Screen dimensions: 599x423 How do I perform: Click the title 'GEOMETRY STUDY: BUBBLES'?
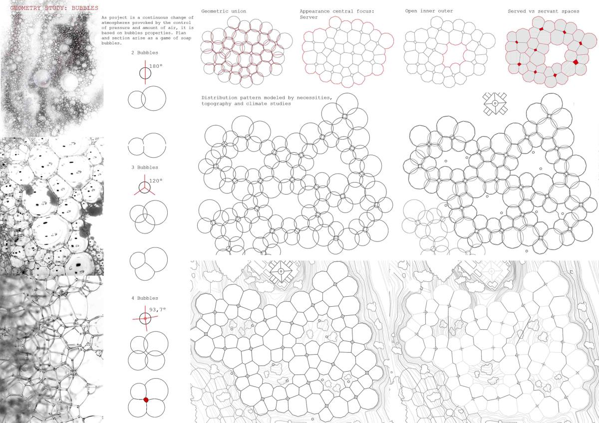tap(54, 8)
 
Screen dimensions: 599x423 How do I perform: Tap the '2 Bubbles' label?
tap(145, 53)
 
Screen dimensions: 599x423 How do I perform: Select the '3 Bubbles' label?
tap(145, 167)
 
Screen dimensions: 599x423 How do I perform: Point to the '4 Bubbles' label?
tap(145, 298)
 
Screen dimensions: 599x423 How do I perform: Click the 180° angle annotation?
tap(156, 66)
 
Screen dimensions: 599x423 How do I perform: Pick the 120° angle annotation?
tap(156, 181)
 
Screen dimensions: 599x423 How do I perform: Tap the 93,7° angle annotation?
tap(158, 309)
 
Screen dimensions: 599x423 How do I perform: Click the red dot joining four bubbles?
tap(146, 400)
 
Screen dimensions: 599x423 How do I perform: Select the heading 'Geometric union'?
tap(224, 11)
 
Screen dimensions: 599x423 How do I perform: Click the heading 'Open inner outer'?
tap(429, 11)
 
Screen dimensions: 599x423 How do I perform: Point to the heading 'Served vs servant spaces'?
tap(544, 11)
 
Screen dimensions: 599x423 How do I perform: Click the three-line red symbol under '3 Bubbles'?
tap(144, 185)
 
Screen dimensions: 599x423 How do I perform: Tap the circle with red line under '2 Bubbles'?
tap(145, 73)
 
